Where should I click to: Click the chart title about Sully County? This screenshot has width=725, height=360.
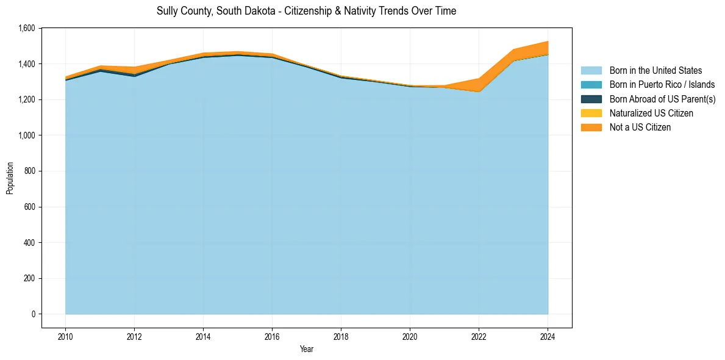tap(306, 11)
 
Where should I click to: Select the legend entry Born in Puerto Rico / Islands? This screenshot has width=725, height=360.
tap(662, 85)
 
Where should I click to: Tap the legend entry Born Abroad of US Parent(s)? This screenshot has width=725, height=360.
tap(662, 99)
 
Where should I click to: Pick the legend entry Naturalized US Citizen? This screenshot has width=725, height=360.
tap(651, 113)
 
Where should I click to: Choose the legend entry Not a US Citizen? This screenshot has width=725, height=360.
tap(640, 128)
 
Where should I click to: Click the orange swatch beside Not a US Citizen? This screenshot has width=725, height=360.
tap(591, 128)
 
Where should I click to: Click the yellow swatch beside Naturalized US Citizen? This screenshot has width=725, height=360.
tap(591, 113)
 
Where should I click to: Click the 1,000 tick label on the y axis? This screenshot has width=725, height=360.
tap(26, 135)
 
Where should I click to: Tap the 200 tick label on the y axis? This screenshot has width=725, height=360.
tap(29, 278)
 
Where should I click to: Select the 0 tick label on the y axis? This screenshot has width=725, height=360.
tap(32, 314)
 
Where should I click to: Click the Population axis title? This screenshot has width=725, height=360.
tap(10, 178)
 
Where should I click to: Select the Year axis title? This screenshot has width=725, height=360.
tap(307, 349)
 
